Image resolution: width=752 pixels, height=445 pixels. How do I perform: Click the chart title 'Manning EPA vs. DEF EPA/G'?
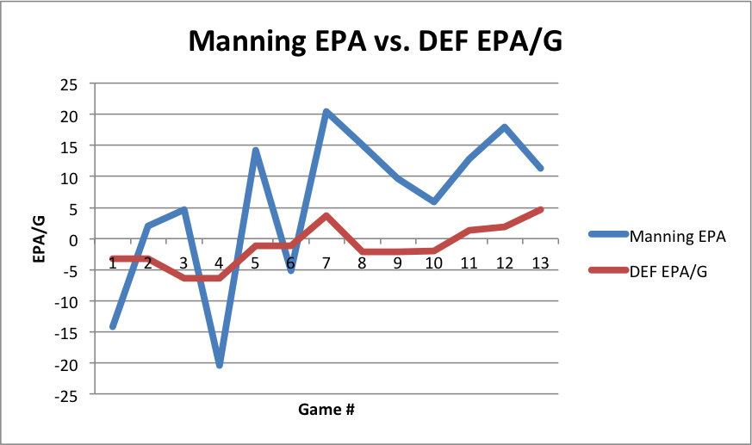[375, 40]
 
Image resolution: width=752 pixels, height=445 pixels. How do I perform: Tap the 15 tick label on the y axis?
[68, 146]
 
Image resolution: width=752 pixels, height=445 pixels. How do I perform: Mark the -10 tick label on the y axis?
[65, 302]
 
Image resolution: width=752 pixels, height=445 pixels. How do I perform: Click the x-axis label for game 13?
[540, 263]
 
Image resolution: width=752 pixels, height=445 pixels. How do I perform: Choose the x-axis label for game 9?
[397, 263]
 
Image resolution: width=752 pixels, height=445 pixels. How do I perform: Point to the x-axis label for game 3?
[183, 263]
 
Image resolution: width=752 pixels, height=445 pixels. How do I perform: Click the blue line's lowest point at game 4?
[220, 365]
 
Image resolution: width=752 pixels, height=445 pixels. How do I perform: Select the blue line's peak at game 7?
[326, 112]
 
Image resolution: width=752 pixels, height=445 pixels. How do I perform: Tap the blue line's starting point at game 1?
[113, 326]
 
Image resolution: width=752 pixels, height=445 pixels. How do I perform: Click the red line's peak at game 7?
[326, 215]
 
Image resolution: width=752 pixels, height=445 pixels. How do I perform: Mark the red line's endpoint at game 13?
[540, 209]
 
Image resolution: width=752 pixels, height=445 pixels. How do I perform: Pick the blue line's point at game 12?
[504, 127]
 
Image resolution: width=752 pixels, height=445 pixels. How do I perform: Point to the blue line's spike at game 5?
[255, 151]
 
